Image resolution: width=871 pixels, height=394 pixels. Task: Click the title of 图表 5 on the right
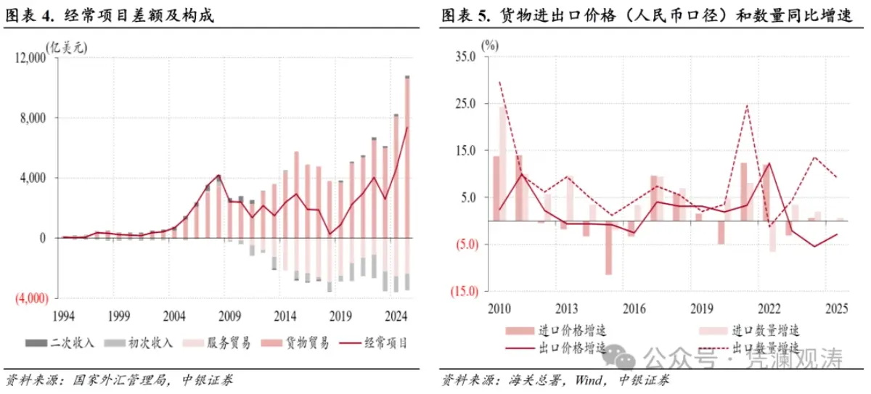[x=646, y=15]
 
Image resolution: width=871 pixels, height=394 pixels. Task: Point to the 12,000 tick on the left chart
[x=30, y=59]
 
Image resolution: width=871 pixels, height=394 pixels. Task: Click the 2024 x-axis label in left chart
[x=396, y=316]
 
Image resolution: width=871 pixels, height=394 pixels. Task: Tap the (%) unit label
[x=491, y=44]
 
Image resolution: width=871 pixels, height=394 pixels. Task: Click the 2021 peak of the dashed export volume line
[x=747, y=105]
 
